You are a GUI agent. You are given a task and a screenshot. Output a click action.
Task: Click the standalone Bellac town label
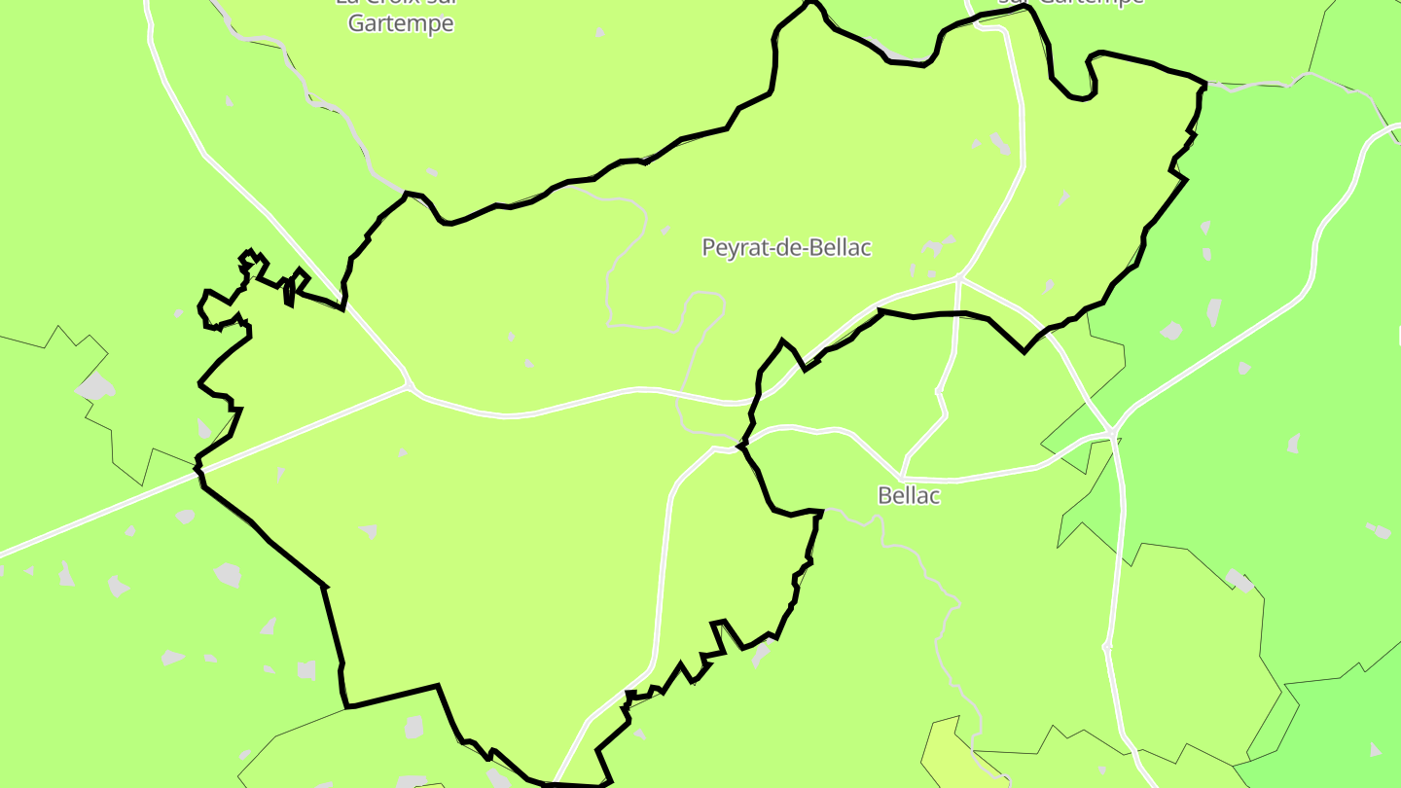(x=909, y=495)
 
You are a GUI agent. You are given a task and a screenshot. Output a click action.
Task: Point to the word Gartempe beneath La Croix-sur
(x=401, y=23)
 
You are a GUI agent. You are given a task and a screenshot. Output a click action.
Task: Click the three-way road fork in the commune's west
(x=409, y=387)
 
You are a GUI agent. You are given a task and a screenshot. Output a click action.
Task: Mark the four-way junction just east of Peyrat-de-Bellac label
(x=959, y=278)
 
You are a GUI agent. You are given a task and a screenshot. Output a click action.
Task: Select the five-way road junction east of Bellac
(x=1112, y=431)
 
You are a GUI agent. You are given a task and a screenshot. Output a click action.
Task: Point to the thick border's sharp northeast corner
(x=1204, y=85)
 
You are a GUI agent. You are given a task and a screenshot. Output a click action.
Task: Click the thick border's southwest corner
(x=346, y=706)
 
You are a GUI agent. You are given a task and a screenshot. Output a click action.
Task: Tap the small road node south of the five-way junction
(x=1107, y=646)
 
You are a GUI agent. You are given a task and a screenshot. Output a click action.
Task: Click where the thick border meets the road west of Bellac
(x=741, y=448)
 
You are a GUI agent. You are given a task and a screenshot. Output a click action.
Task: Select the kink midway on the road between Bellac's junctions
(x=939, y=391)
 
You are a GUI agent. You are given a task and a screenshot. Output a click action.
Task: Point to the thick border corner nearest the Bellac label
(x=821, y=511)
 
